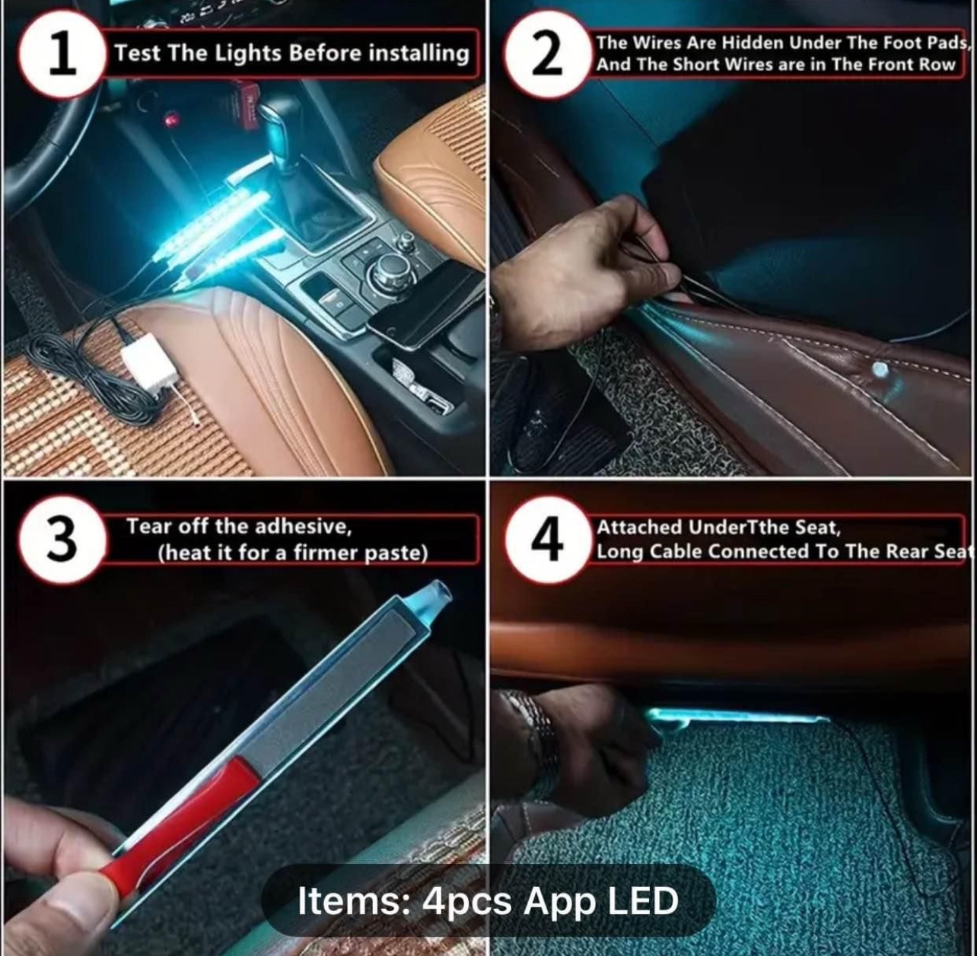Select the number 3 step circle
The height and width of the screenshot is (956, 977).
(x=62, y=540)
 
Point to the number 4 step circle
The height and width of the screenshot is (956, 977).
(x=548, y=540)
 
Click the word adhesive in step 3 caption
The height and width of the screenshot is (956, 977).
(x=301, y=526)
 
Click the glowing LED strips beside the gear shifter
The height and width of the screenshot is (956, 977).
(x=221, y=231)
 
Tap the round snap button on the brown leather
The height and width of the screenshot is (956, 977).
(x=880, y=370)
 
